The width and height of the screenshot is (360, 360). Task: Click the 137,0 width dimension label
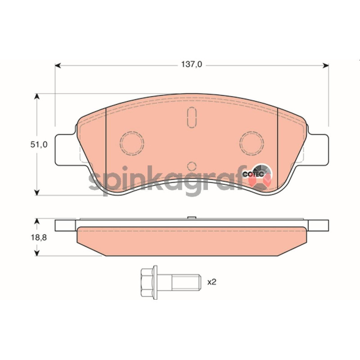[192, 64]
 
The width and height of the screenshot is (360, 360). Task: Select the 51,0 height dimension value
[39, 144]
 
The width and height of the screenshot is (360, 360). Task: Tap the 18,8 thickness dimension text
[39, 238]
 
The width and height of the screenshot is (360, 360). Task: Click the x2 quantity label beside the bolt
[211, 282]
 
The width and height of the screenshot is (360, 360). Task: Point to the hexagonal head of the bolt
[147, 282]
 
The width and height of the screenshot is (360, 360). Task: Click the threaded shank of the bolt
[186, 282]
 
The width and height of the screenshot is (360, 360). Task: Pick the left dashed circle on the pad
[132, 143]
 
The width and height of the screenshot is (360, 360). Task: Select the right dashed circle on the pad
[252, 143]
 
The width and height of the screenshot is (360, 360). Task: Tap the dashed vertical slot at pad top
[192, 117]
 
